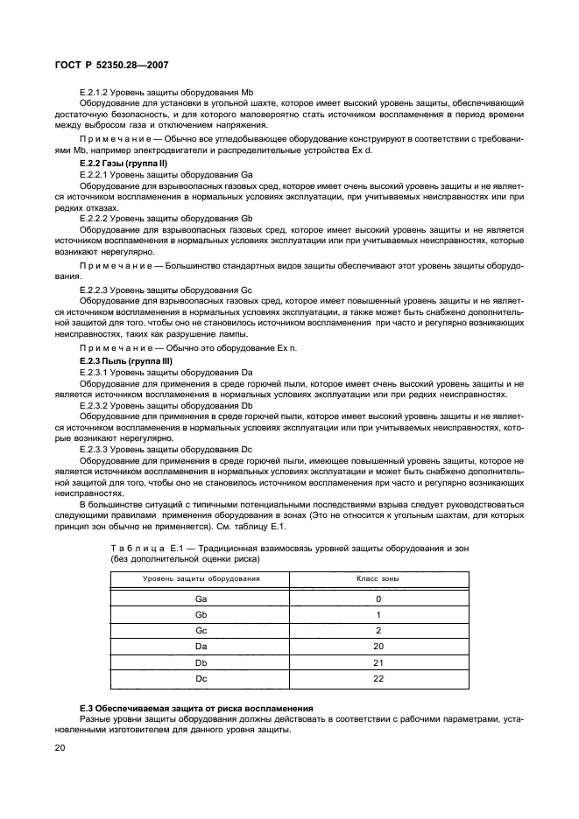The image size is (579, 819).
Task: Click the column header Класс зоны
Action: [x=378, y=579]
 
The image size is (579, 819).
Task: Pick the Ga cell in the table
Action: [x=201, y=599]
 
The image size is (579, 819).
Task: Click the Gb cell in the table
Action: [x=201, y=615]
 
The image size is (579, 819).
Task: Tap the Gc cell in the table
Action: [x=201, y=630]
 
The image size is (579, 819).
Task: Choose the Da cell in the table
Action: [x=201, y=646]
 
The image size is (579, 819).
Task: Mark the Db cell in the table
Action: [x=201, y=661]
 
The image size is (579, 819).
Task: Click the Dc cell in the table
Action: [x=201, y=677]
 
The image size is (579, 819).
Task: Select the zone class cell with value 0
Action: [x=378, y=599]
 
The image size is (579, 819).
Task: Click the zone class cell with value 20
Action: [x=378, y=646]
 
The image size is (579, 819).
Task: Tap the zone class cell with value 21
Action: [x=378, y=661]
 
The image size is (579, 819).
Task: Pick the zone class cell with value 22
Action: [x=378, y=677]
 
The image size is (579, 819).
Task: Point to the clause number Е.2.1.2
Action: [x=94, y=92]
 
